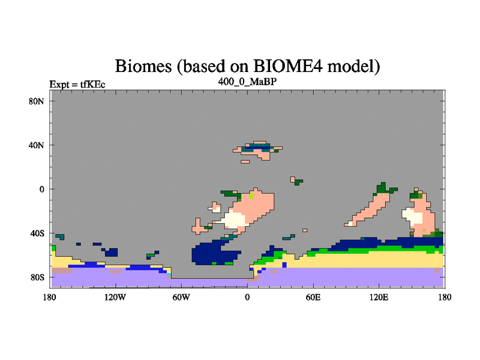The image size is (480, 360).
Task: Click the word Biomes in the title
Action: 143,66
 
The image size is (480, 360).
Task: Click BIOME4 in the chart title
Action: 288,65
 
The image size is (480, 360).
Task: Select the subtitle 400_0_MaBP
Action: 247,82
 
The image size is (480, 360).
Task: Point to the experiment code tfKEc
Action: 93,84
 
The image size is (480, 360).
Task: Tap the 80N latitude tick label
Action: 37,101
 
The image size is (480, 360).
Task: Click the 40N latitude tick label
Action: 37,145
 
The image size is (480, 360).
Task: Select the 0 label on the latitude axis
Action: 42,190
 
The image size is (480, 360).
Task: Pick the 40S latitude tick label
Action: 37,233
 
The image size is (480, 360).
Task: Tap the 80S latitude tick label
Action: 37,278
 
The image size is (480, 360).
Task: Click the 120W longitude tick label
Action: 115,297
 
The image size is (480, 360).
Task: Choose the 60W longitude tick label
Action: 181,297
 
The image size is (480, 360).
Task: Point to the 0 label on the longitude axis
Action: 247,297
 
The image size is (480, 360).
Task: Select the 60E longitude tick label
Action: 313,297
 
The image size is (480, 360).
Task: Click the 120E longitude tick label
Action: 379,297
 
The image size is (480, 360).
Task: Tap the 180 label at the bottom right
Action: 445,297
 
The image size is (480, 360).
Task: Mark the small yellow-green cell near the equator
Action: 251,196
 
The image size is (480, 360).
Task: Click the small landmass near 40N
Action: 257,151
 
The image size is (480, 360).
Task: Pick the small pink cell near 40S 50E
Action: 305,230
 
